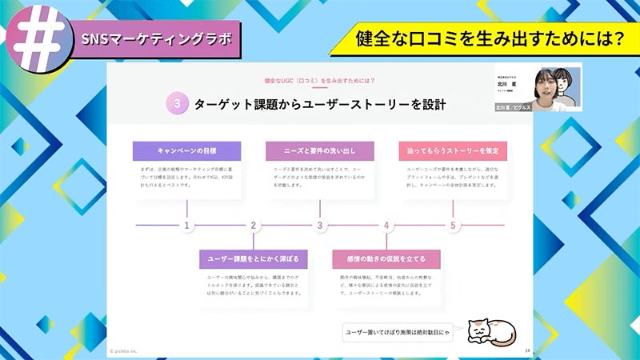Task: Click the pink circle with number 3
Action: click(177, 103)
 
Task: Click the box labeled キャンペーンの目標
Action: click(186, 150)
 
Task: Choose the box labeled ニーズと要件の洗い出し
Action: click(320, 150)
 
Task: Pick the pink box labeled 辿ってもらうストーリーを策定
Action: click(453, 150)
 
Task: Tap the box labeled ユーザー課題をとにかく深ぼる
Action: click(253, 259)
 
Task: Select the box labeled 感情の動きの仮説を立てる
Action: click(386, 259)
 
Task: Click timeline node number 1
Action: click(187, 226)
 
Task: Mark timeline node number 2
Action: click(254, 226)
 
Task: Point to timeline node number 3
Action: click(320, 226)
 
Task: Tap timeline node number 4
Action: click(386, 226)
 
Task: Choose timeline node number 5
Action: click(453, 226)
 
